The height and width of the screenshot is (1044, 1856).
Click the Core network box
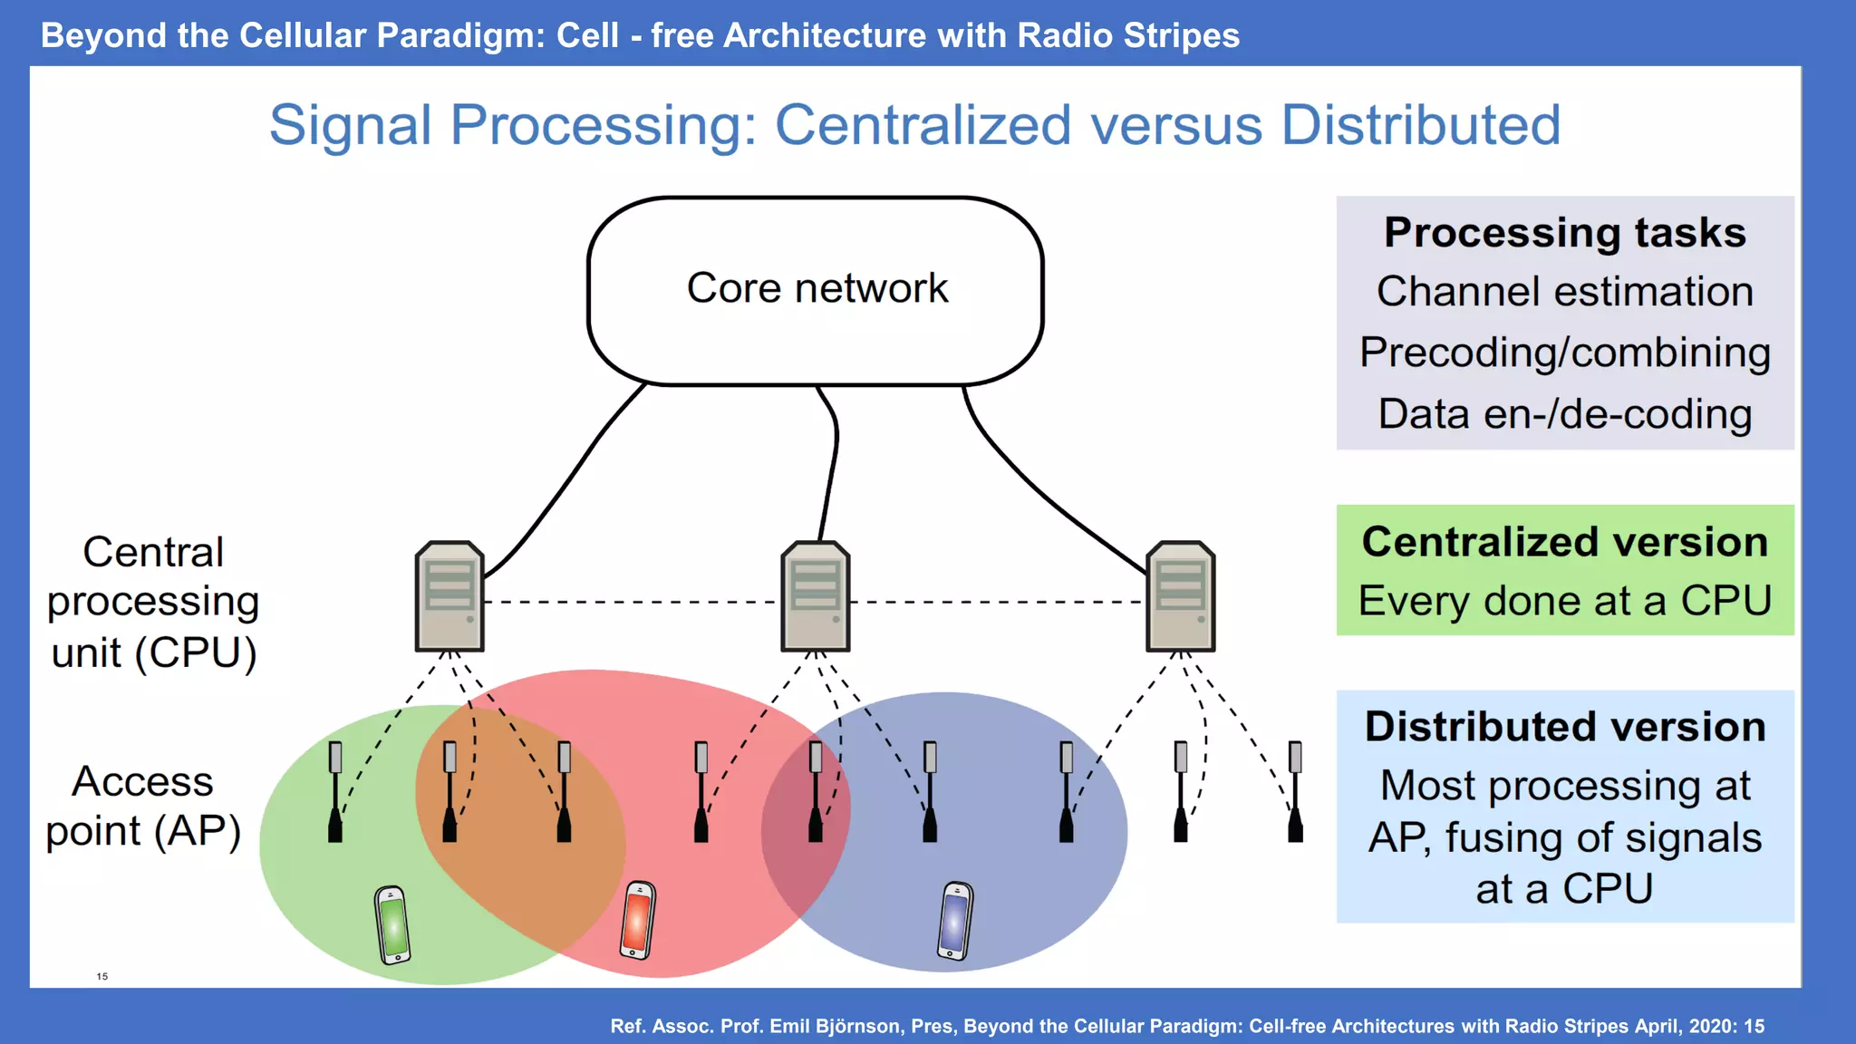tap(816, 290)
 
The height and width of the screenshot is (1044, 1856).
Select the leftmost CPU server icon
tap(449, 596)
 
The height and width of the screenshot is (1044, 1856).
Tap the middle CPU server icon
tap(815, 596)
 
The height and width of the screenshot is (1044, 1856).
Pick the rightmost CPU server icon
tap(1180, 596)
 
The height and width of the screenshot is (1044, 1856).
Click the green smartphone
tap(392, 924)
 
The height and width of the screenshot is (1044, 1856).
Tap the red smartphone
tap(637, 920)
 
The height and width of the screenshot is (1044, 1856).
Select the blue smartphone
tap(955, 921)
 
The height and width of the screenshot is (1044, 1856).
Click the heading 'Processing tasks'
tap(1564, 233)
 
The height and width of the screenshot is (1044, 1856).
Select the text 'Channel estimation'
tap(1564, 292)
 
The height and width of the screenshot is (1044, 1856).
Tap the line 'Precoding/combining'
tap(1564, 353)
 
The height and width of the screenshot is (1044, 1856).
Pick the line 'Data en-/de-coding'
tap(1564, 414)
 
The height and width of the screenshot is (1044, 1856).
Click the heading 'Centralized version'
tap(1564, 542)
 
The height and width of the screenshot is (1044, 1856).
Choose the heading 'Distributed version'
tap(1564, 727)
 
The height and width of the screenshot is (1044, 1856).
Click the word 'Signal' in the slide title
tap(350, 125)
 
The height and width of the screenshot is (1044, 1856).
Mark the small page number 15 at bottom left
tap(102, 976)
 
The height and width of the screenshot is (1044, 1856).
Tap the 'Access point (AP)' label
tap(143, 806)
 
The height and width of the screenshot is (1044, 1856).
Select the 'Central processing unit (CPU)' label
tap(153, 602)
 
